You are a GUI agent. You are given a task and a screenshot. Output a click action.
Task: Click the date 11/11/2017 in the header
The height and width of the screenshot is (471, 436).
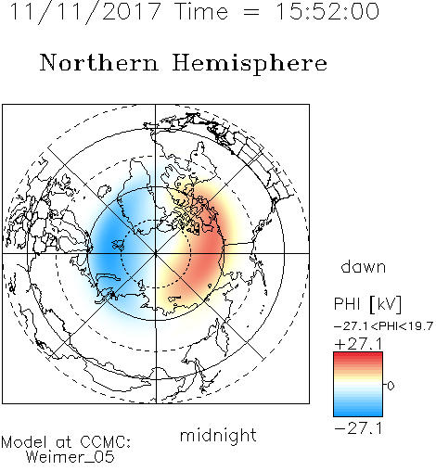[85, 12]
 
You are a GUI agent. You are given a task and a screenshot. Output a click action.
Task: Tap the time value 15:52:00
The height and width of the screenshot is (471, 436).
[327, 11]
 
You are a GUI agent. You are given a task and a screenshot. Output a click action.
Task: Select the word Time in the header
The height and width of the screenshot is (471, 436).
[201, 11]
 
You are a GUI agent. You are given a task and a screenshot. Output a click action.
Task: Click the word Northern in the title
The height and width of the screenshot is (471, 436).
[99, 63]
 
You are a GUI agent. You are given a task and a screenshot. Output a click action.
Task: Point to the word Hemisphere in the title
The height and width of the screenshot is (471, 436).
[250, 64]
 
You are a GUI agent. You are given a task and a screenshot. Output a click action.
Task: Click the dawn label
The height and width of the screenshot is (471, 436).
[364, 266]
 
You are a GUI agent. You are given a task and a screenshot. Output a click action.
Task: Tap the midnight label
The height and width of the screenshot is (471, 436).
[218, 435]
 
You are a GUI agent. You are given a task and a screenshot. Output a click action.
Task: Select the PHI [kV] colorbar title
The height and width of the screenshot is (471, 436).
[367, 304]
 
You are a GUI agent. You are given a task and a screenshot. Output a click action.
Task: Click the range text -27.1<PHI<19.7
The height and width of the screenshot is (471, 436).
[384, 326]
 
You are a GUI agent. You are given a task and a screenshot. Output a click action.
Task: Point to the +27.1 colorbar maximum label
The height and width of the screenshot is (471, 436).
[358, 344]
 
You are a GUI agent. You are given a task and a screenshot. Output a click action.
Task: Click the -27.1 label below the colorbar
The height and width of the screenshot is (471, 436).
[358, 428]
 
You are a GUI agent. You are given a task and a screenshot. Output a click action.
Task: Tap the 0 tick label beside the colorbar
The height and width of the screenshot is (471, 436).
[391, 386]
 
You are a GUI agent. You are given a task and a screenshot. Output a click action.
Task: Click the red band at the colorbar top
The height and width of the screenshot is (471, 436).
[358, 356]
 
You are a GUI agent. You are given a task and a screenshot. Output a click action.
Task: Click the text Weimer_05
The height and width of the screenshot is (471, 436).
[71, 457]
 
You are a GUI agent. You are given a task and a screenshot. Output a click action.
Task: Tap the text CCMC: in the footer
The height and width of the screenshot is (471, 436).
[106, 442]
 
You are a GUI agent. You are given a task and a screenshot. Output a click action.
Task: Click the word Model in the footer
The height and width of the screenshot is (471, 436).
[24, 442]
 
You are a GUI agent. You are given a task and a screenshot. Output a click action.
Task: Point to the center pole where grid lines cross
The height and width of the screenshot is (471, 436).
[156, 253]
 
